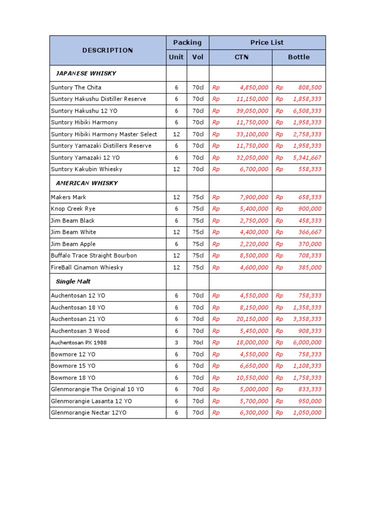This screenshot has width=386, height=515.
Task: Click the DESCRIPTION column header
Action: [x=108, y=50]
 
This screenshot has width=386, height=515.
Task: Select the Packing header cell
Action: [x=187, y=43]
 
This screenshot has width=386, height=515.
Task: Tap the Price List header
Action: [x=267, y=43]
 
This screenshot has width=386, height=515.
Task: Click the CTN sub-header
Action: [x=241, y=57]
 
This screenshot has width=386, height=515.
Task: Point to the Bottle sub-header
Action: [x=299, y=57]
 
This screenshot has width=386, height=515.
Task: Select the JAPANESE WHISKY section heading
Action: [x=86, y=73]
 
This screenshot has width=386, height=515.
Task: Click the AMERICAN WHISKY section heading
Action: [x=87, y=183]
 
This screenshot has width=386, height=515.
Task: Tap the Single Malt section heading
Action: [x=73, y=282]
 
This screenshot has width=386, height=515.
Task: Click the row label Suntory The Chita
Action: [x=76, y=88]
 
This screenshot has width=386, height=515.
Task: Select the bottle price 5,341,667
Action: [x=307, y=158]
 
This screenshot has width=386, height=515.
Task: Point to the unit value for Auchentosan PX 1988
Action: [x=176, y=342]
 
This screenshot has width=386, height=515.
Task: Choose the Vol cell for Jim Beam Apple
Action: [x=198, y=244]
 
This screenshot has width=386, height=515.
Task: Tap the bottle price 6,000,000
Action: [x=307, y=342]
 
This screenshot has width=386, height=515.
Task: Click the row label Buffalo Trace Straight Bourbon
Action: [x=94, y=255]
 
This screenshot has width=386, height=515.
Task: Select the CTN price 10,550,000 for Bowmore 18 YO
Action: [x=252, y=378]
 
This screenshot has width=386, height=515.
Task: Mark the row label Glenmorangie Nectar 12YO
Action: [x=88, y=413]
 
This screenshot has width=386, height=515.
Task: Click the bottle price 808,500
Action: [x=310, y=88]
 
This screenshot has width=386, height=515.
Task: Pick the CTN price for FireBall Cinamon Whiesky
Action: [x=254, y=268]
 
